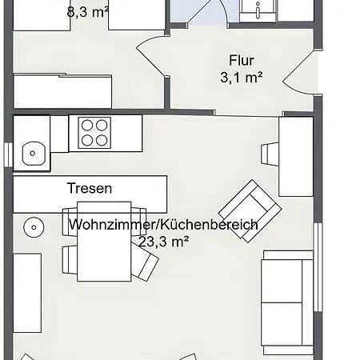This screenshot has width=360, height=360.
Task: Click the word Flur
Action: pos(242,61)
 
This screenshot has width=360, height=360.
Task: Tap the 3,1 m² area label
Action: pos(242,78)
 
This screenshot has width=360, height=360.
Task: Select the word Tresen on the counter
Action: pos(90,188)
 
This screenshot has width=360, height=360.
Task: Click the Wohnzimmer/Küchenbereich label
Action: pos(163,225)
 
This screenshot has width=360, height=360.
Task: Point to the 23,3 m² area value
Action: pos(164,242)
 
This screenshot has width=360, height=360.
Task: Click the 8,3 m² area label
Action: pos(87,12)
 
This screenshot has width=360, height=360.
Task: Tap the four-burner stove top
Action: pos(94,133)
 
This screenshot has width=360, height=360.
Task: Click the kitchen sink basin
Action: pos(34,154)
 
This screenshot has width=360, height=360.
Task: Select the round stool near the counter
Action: pos(34,227)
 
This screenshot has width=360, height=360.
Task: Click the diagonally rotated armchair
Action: pos(250,211)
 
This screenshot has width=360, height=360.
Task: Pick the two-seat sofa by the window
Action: pos(287,302)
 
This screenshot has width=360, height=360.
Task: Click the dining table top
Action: pos(104,242)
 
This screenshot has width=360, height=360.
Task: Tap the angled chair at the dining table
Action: pos(145,264)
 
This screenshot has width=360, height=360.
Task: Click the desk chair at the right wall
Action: pos(270,154)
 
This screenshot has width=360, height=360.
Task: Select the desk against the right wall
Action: pos(296,157)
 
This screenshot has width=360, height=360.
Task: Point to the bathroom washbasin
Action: pos(258,10)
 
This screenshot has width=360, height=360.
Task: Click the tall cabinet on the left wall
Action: pos(27,293)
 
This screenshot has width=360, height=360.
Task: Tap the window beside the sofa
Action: pos(318,267)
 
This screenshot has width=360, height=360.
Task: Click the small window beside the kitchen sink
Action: pos(8,155)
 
